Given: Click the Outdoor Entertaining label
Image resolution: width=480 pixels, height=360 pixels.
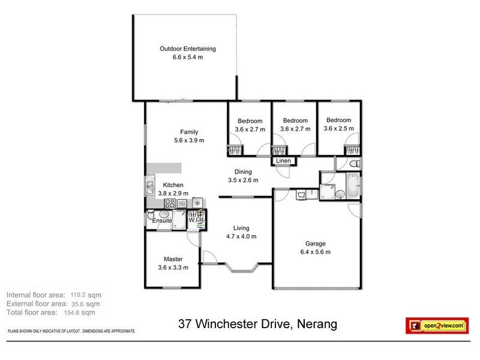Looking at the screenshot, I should [187, 49].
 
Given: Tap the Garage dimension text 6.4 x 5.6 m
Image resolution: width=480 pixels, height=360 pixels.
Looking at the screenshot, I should [316, 252].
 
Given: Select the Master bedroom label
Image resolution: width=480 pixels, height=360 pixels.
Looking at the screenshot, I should [173, 259].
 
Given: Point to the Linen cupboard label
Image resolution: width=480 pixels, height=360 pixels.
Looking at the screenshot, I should [283, 161].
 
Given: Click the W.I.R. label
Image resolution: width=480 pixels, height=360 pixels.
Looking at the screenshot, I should [197, 221].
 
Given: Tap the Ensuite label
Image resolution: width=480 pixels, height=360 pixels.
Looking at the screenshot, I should [162, 221].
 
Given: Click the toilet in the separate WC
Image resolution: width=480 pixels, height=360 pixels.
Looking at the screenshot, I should [354, 164].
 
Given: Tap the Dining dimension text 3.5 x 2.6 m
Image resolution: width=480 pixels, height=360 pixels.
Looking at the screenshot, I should [243, 180].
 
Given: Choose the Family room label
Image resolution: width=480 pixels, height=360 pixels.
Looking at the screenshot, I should [189, 132].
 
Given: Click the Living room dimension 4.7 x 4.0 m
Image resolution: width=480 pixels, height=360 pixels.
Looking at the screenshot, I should [241, 236].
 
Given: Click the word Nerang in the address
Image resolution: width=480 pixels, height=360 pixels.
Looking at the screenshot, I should [316, 325].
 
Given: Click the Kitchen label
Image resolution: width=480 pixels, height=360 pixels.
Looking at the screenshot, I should [173, 185].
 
